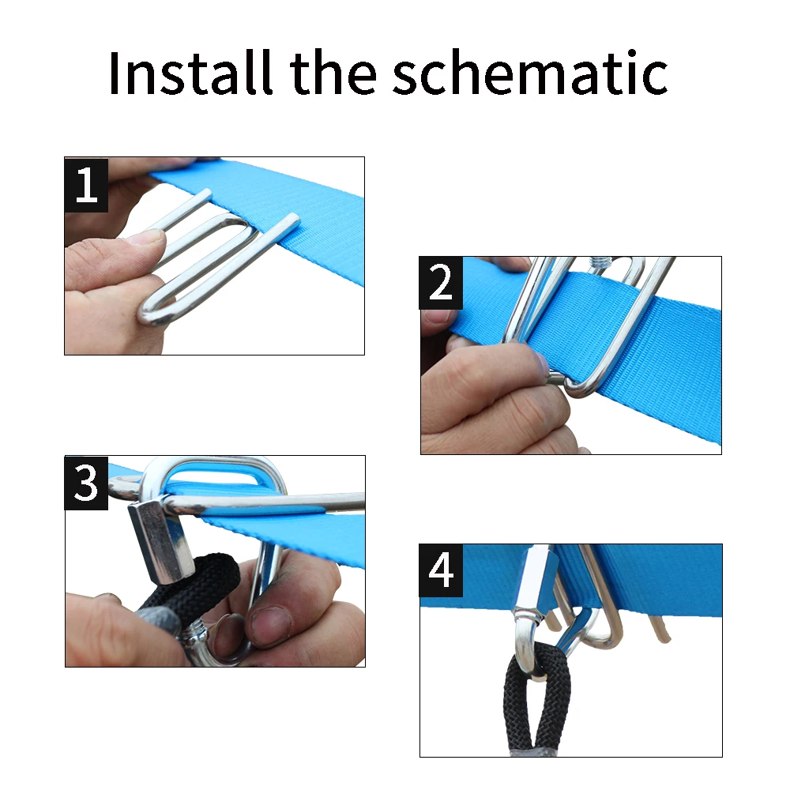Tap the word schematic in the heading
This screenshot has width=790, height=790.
coord(530,73)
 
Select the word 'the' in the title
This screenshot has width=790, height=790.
coord(333,73)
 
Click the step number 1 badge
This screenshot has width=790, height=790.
coord(86,185)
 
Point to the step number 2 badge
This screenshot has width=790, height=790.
coord(441,283)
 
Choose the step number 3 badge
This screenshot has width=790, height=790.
coord(86,483)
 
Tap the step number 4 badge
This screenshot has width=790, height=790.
coord(441,570)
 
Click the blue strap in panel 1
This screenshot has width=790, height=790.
coord(282,216)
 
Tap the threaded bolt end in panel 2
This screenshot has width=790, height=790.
coord(600,262)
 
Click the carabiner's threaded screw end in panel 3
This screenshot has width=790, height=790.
coord(193,636)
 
